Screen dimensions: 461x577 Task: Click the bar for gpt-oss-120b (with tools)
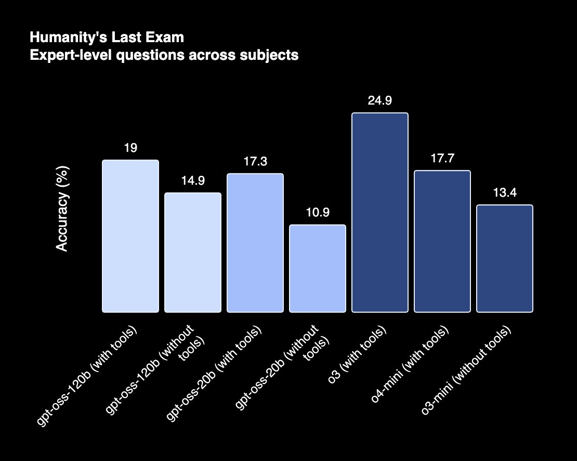pyautogui.click(x=130, y=236)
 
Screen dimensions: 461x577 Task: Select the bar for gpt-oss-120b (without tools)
pyautogui.click(x=193, y=253)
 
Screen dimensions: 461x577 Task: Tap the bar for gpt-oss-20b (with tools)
pyautogui.click(x=255, y=243)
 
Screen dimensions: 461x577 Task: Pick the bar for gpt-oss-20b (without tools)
pyautogui.click(x=318, y=268)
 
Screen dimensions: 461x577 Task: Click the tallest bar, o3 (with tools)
pyautogui.click(x=380, y=213)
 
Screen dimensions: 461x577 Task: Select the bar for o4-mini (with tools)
pyautogui.click(x=442, y=241)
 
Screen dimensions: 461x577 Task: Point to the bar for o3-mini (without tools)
pyautogui.click(x=505, y=259)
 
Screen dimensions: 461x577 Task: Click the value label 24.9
pyautogui.click(x=380, y=101)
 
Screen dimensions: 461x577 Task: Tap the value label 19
pyautogui.click(x=130, y=148)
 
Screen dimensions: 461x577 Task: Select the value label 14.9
pyautogui.click(x=193, y=181)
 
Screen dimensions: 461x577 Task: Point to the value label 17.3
pyautogui.click(x=255, y=162)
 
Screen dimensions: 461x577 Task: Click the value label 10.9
pyautogui.click(x=318, y=213)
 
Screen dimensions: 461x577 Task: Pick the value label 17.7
pyautogui.click(x=442, y=159)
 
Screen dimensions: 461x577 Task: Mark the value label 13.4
pyautogui.click(x=505, y=193)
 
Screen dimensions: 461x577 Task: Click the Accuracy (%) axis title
pyautogui.click(x=62, y=209)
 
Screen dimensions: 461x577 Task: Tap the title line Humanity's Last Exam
pyautogui.click(x=107, y=38)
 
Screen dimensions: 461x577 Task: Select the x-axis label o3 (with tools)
pyautogui.click(x=359, y=355)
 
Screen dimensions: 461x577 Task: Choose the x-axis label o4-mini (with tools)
pyautogui.click(x=411, y=364)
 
